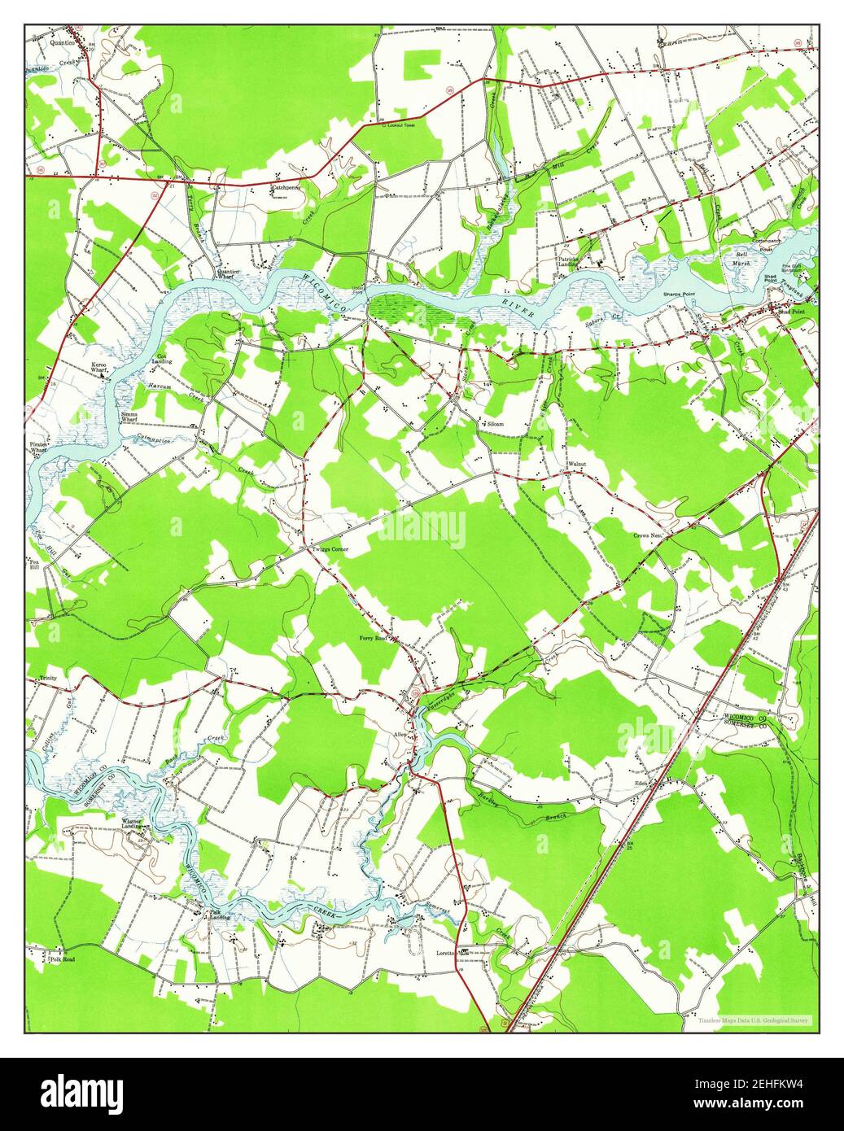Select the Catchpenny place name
coord(286,187)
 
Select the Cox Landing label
coord(162,359)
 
